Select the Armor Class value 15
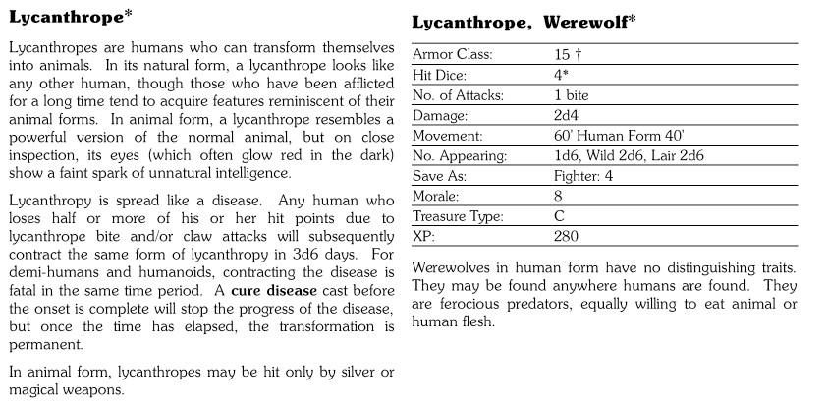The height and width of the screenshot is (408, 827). [x=561, y=54]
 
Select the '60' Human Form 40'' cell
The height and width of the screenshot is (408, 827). [x=621, y=135]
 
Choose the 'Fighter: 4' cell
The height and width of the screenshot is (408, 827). [x=582, y=176]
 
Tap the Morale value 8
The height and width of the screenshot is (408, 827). [x=558, y=196]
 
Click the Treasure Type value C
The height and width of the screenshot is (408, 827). [x=558, y=215]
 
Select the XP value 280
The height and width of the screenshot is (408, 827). [x=566, y=236]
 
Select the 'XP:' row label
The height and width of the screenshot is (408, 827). [x=423, y=236]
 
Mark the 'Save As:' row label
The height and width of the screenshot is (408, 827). [x=439, y=176]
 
